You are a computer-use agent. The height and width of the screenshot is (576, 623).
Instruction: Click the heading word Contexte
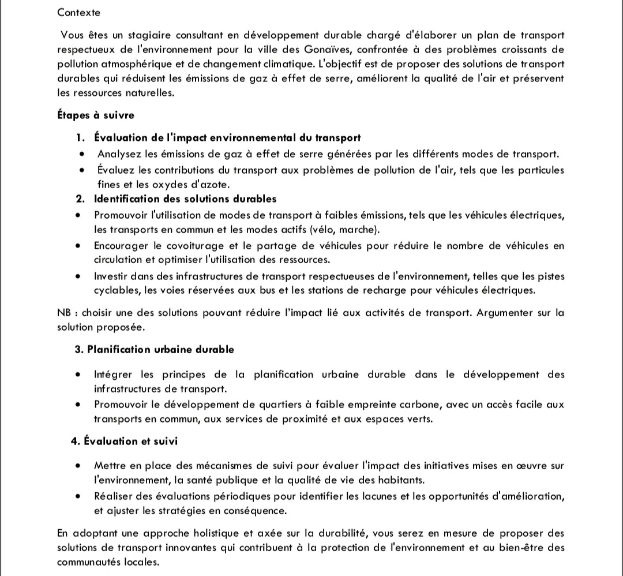78,12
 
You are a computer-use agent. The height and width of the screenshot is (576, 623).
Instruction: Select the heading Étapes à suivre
96,115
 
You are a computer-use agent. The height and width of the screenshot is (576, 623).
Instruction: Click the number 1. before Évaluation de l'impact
81,138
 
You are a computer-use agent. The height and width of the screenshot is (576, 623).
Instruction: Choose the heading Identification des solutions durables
185,199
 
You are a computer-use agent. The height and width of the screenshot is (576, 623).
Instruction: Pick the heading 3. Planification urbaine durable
155,349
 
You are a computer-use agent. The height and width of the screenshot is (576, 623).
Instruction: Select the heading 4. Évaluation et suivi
124,441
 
